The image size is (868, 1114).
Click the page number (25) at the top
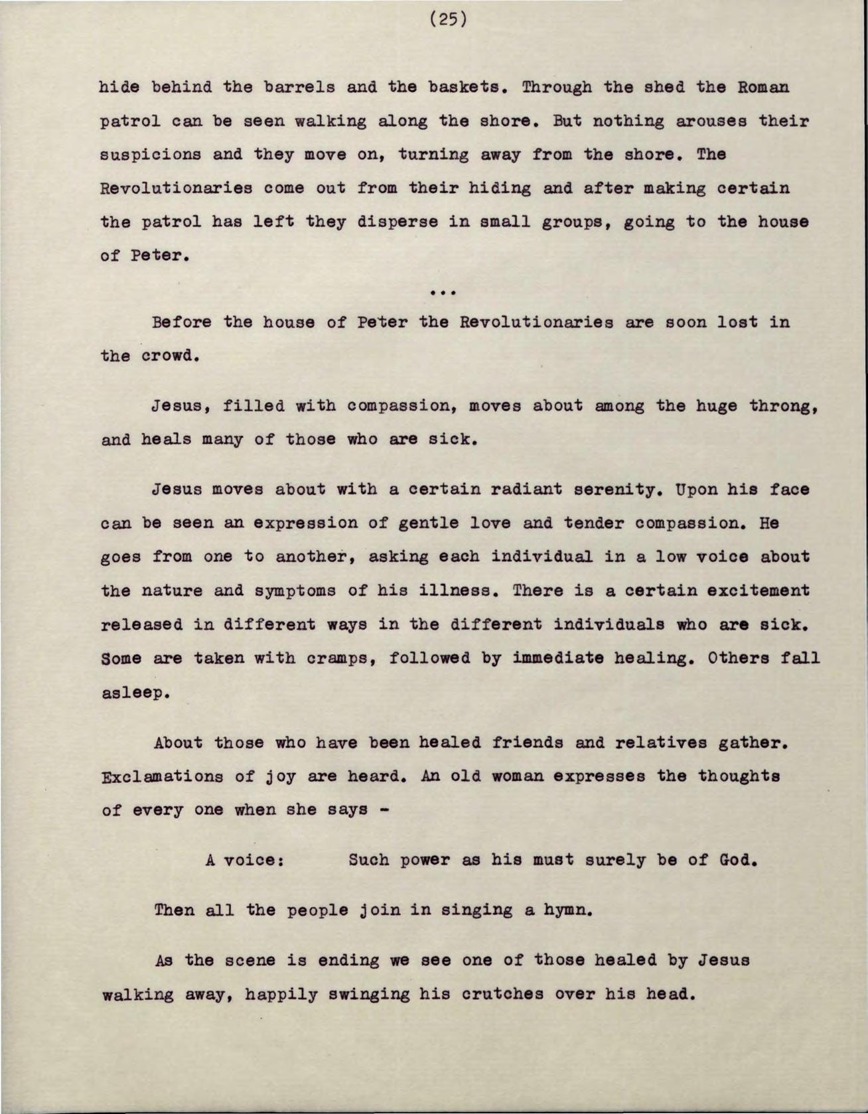tap(449, 20)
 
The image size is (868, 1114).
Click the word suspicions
tap(150, 155)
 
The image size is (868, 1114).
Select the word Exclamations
tap(162, 776)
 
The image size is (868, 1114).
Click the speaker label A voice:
tap(246, 861)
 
